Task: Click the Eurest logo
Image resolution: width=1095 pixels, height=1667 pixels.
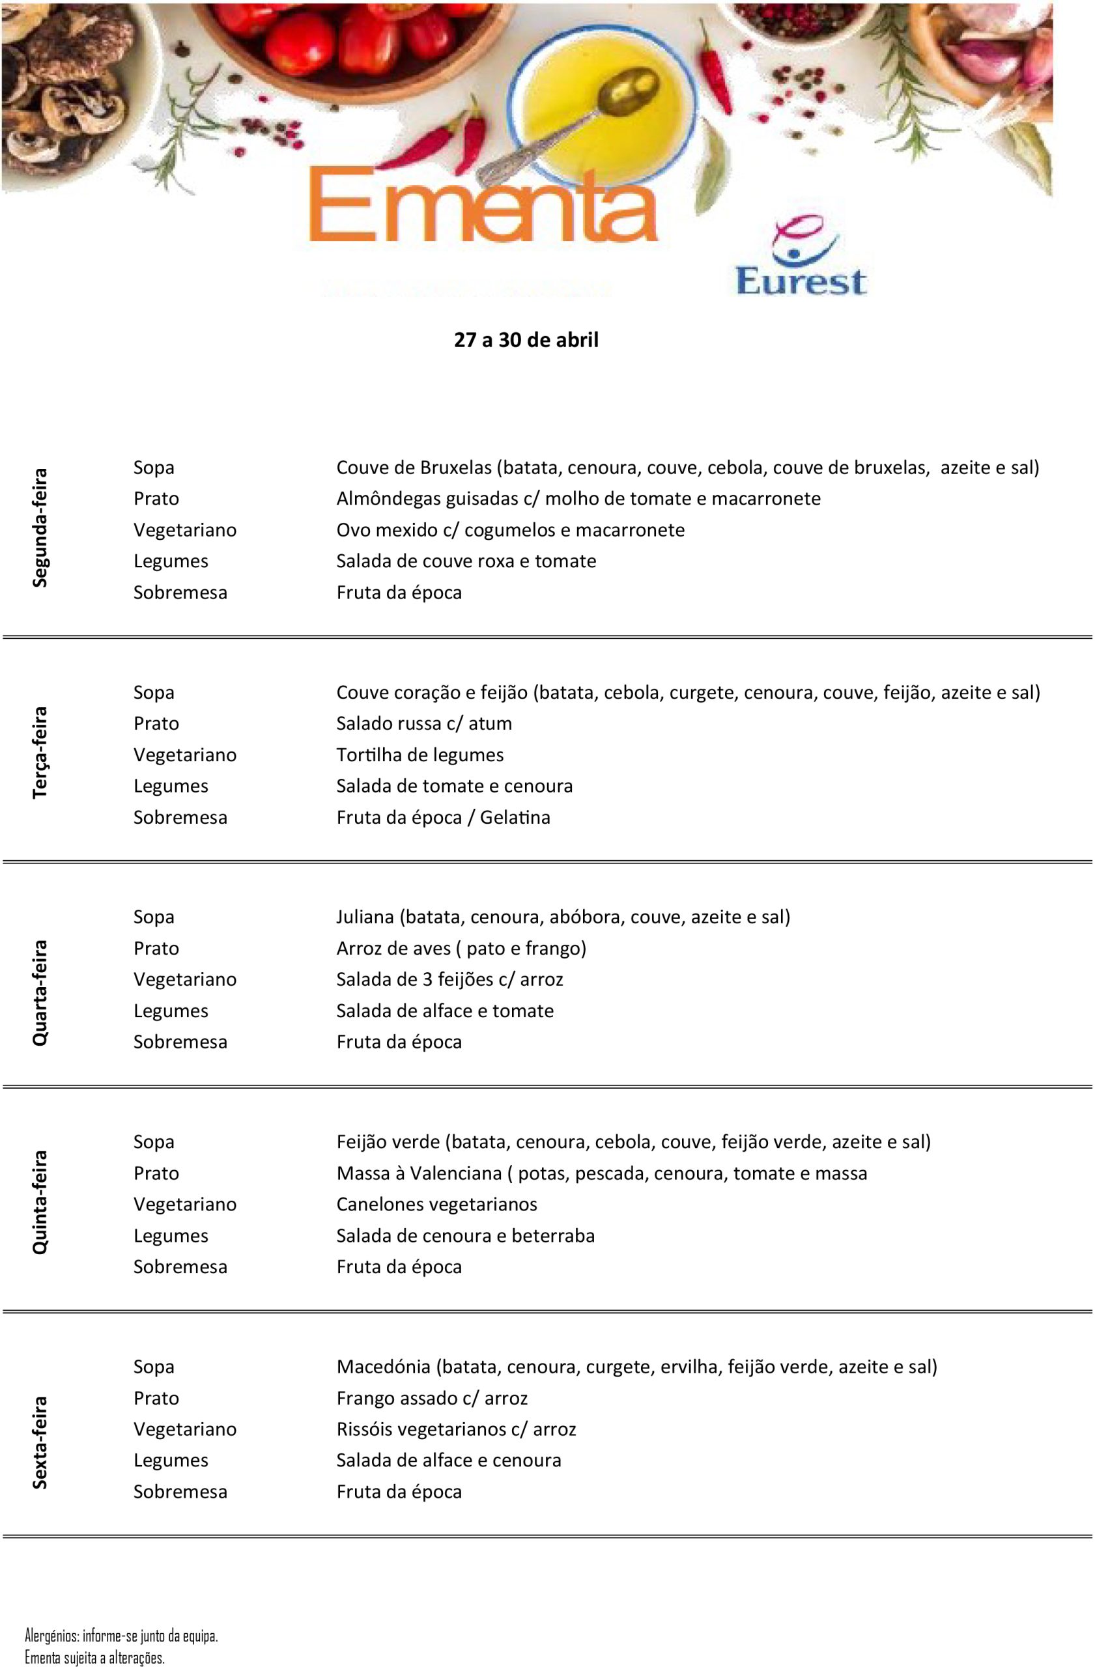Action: coord(801,257)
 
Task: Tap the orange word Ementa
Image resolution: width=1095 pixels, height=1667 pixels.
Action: coord(482,205)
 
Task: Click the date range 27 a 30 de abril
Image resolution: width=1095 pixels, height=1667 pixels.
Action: coord(526,341)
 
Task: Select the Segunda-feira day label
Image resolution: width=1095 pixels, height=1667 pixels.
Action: coord(40,527)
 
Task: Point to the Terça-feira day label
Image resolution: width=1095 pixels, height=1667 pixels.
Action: coord(40,752)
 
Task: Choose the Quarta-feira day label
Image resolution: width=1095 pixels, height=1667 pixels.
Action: coord(40,993)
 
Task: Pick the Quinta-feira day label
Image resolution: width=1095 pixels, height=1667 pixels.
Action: coord(40,1202)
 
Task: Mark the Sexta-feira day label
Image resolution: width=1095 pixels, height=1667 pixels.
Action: coord(40,1442)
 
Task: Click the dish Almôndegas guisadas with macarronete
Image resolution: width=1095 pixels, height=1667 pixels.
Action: coord(578,499)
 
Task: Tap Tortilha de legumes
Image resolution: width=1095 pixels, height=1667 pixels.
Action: coord(420,755)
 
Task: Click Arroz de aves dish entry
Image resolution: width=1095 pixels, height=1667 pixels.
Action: coord(461,948)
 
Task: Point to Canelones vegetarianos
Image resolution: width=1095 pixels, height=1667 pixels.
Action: coord(436,1204)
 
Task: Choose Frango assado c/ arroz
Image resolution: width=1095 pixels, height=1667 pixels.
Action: coord(432,1398)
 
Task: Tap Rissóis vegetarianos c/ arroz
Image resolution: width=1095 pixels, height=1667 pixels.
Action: coord(456,1429)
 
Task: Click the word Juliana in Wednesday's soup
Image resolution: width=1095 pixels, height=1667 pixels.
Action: coord(365,917)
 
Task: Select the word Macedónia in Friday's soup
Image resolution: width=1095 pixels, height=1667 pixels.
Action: coord(383,1367)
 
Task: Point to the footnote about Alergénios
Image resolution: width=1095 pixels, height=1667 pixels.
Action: coord(121,1636)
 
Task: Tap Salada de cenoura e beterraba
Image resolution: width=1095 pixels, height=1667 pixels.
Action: coord(465,1235)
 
